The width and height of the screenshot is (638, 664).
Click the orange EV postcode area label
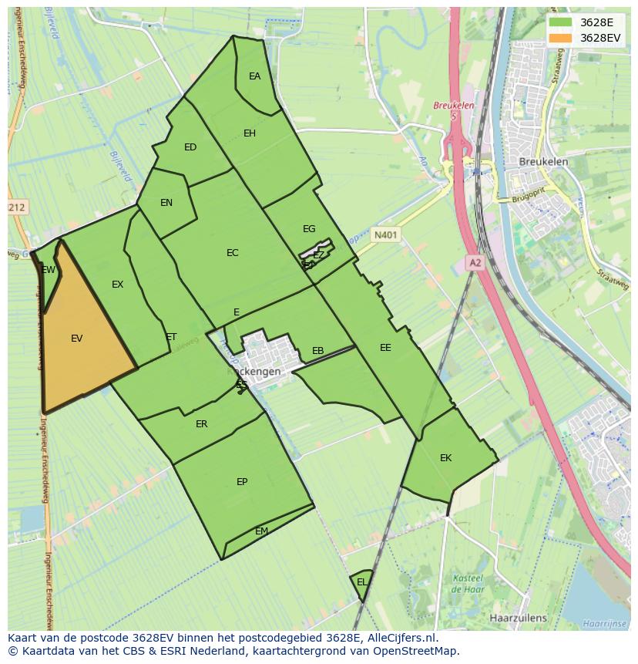[x=76, y=339]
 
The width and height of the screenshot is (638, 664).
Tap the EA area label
[x=254, y=76]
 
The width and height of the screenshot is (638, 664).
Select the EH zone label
[x=250, y=133]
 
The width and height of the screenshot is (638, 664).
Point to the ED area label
[x=190, y=147]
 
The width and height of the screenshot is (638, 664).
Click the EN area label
[x=166, y=203]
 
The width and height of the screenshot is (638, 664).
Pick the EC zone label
[x=233, y=253]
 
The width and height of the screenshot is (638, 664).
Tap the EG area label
[x=309, y=229]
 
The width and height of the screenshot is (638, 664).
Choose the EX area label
[x=117, y=285]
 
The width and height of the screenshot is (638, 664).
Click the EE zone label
[x=385, y=348]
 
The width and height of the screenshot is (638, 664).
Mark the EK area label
[x=445, y=458]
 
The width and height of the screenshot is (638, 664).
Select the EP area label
[x=242, y=482]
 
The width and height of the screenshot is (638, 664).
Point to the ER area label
[x=201, y=424]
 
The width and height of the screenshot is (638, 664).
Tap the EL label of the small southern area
[x=361, y=582]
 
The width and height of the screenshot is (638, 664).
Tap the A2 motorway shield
[x=475, y=263]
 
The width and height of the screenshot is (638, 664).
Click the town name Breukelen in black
[x=543, y=162]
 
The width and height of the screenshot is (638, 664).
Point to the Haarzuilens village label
[x=518, y=618]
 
